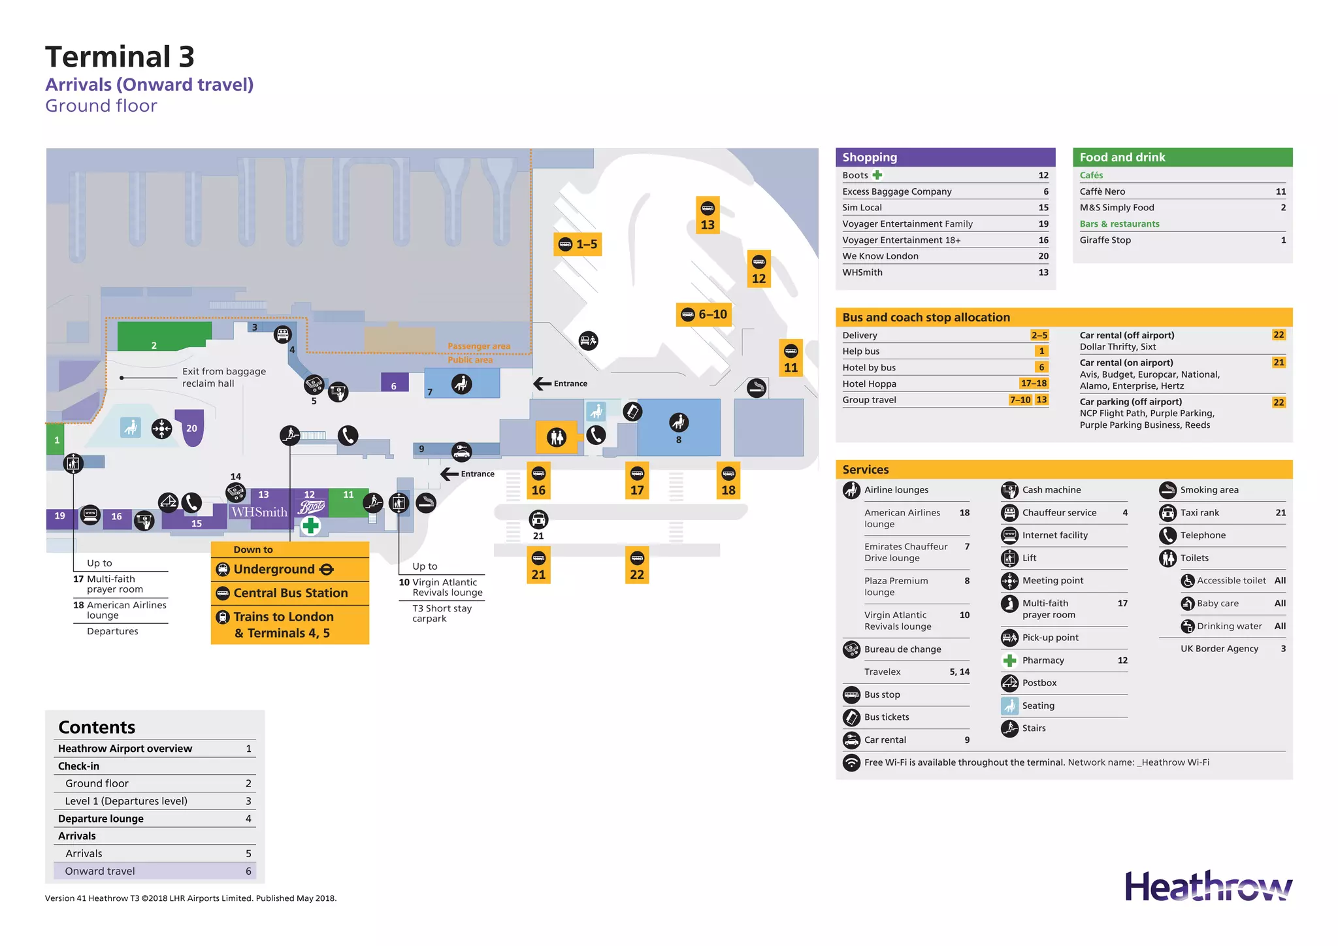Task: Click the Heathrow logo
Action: (x=1208, y=887)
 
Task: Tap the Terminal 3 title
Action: (x=120, y=57)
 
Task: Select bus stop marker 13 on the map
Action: (x=708, y=216)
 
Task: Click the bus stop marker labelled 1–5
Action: (x=578, y=244)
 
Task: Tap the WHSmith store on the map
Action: (x=259, y=512)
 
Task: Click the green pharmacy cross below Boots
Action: (x=311, y=525)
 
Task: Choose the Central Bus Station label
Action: (x=290, y=593)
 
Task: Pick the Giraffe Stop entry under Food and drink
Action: (x=1105, y=240)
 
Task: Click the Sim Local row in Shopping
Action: (x=862, y=208)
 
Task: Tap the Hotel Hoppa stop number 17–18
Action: (x=1034, y=383)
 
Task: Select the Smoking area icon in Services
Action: (x=1167, y=490)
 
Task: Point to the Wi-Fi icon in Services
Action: (x=851, y=762)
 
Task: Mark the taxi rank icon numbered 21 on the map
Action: (x=538, y=520)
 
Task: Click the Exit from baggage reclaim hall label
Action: (x=223, y=377)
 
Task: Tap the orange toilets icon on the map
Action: (x=557, y=436)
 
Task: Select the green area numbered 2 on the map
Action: (x=163, y=336)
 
